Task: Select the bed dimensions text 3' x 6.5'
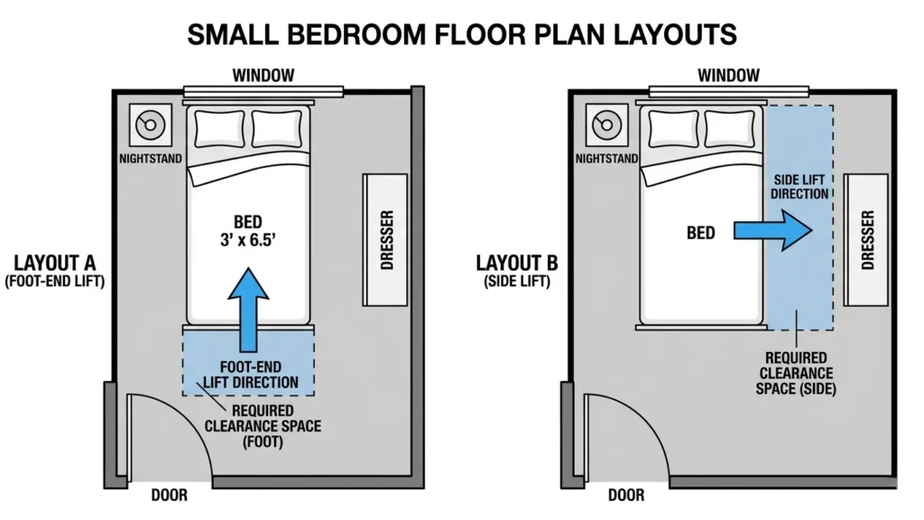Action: coord(247,241)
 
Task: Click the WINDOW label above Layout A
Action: coord(263,75)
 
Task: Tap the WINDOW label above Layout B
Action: coord(727,75)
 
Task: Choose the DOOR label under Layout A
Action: coord(171,495)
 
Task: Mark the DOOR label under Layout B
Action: coord(626,495)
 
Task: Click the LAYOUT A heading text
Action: coord(55,263)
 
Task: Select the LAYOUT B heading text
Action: coord(517,263)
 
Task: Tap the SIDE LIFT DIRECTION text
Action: coord(800,187)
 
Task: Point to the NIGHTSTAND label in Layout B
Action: coord(606,158)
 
